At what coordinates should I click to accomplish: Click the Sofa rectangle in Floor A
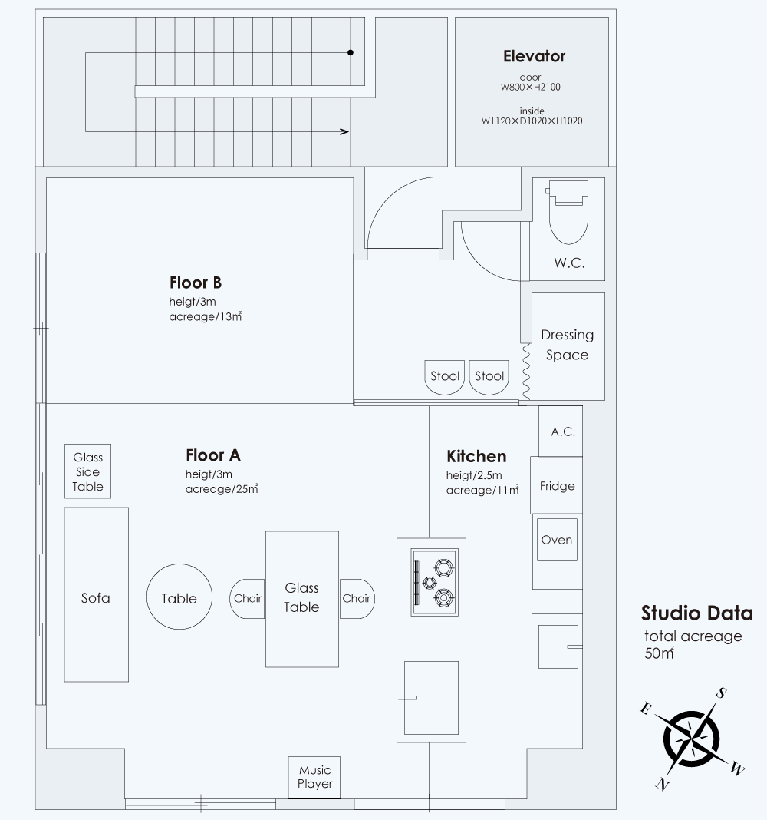tap(96, 594)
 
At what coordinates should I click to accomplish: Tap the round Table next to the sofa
tap(179, 597)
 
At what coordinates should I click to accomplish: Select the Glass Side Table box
tap(87, 471)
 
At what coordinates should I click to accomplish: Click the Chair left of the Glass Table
tap(247, 599)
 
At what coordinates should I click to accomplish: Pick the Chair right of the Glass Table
tap(357, 599)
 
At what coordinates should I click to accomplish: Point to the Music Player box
tap(314, 777)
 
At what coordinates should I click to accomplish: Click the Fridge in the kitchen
tap(556, 485)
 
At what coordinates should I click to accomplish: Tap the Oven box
tap(557, 540)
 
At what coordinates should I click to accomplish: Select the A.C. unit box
tap(561, 431)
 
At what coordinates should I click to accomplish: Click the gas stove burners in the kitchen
tap(435, 582)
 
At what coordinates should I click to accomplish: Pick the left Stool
tap(445, 377)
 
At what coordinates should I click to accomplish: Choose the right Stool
tap(489, 377)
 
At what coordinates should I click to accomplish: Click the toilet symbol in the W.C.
tap(568, 213)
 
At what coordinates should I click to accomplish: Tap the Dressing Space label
tap(568, 345)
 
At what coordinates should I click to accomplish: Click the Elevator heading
tap(534, 57)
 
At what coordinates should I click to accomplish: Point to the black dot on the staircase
tap(351, 52)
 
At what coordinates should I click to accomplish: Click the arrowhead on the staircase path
tap(344, 131)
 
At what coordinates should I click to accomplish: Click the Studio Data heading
tap(697, 613)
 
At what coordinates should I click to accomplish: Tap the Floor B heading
tap(196, 283)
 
